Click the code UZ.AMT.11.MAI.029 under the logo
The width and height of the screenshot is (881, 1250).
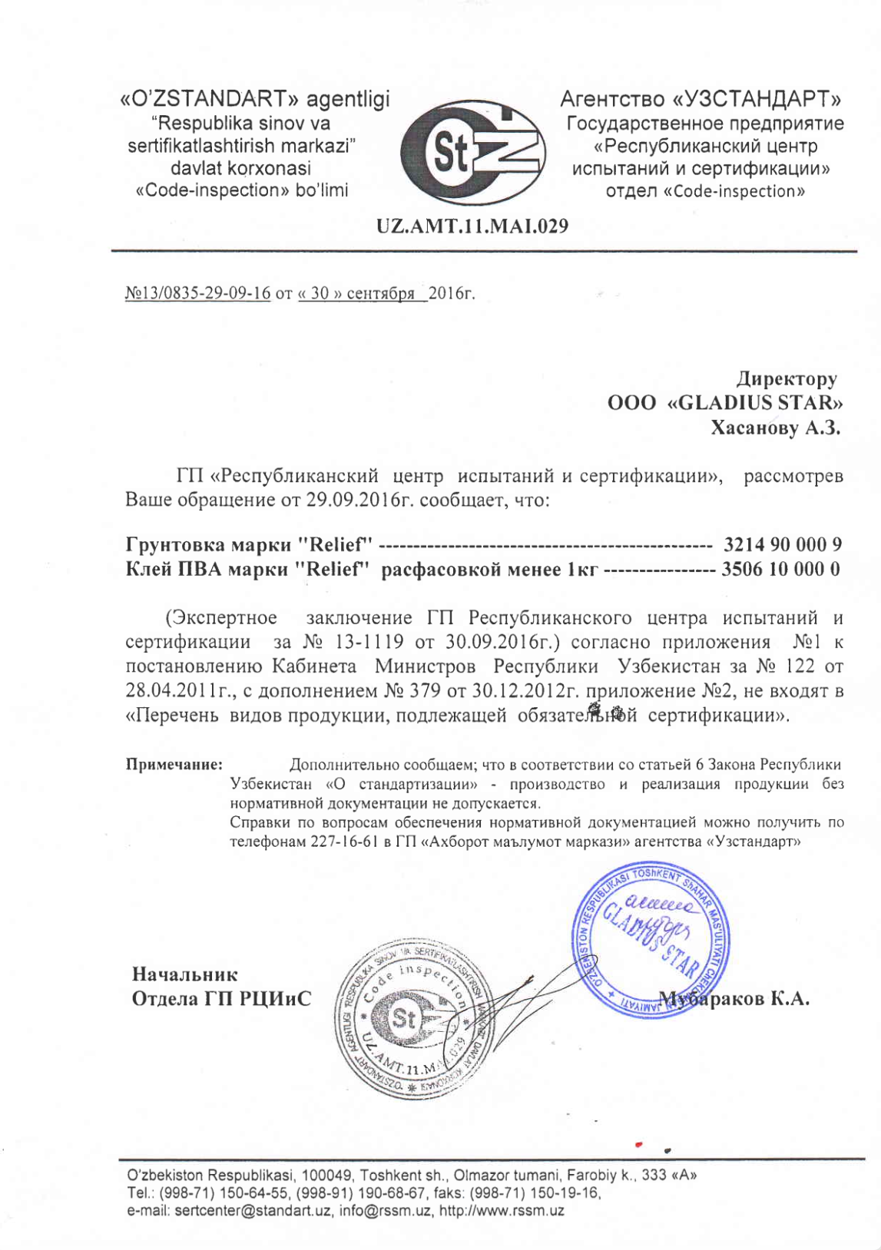point(472,226)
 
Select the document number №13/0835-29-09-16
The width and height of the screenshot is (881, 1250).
point(197,293)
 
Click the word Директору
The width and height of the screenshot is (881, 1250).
point(787,379)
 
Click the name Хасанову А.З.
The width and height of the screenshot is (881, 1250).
point(775,428)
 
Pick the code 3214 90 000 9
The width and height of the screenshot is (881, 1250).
point(783,545)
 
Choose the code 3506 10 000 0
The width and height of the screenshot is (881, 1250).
point(780,570)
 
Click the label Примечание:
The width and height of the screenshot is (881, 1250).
point(174,765)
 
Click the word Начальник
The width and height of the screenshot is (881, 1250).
point(185,974)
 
